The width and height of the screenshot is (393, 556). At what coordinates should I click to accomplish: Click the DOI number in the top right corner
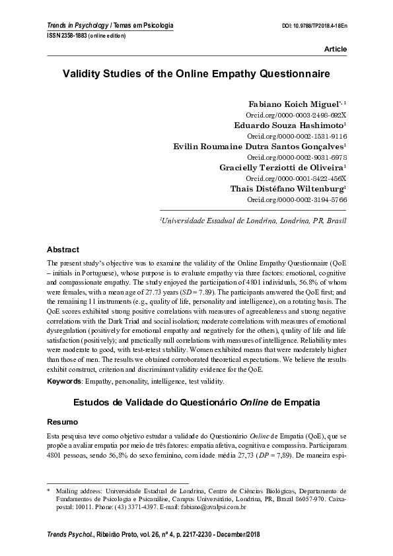click(314, 26)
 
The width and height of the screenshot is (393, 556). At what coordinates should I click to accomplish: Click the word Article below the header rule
click(334, 50)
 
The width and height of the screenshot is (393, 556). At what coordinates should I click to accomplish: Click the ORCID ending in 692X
click(301, 114)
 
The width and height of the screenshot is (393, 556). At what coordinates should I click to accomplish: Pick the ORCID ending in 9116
click(301, 135)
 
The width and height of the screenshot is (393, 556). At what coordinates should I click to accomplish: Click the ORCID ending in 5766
click(301, 199)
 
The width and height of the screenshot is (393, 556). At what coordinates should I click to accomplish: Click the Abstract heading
click(63, 250)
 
